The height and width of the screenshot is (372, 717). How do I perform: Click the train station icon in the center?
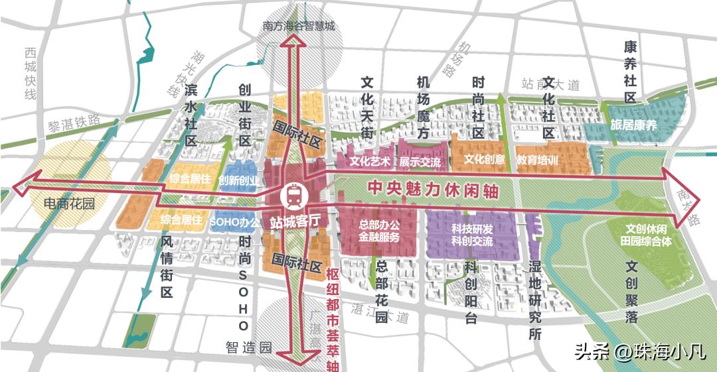[293, 195]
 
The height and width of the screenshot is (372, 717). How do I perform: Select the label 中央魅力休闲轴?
[433, 188]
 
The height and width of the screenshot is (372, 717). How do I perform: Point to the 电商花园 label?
[69, 204]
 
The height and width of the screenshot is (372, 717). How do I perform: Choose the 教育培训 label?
[537, 160]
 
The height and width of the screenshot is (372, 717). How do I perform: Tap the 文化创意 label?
[484, 160]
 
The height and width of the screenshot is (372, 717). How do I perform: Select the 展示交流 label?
[420, 161]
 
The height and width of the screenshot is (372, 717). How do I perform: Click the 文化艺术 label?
[370, 160]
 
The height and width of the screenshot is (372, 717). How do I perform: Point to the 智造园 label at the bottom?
[249, 347]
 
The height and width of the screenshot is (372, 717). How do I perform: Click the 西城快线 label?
[29, 74]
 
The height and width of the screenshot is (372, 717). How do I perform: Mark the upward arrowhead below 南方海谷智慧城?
[291, 46]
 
